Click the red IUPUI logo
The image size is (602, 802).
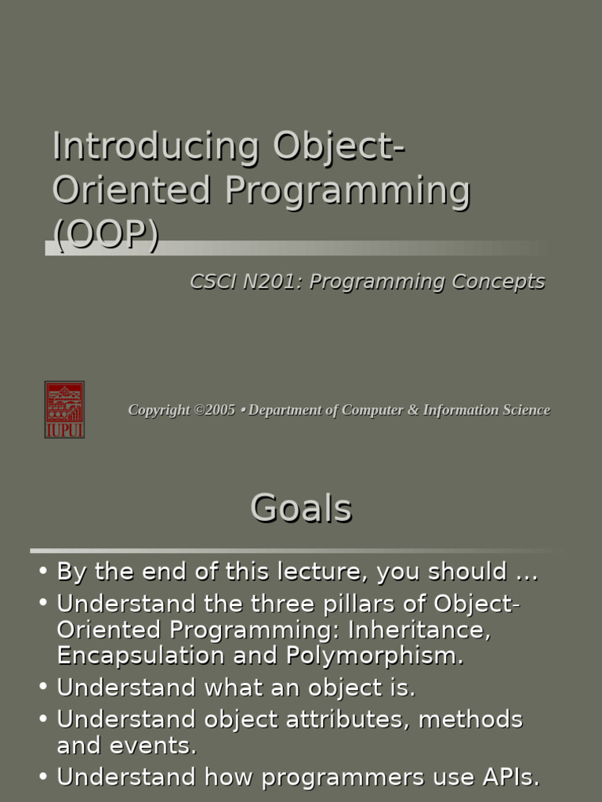(x=64, y=410)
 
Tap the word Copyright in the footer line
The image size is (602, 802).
(x=159, y=410)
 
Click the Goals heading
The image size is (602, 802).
(x=301, y=509)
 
